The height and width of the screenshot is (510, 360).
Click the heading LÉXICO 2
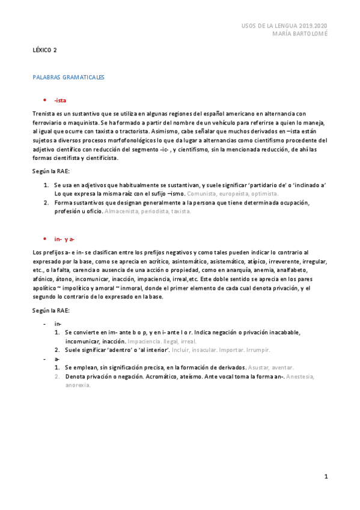pos(44,51)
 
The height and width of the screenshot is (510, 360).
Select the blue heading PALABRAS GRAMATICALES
pos(69,78)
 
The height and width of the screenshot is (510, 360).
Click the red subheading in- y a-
pos(64,239)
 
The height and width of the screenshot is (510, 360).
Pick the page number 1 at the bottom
pos(326,477)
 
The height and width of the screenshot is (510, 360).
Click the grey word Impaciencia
pos(144,340)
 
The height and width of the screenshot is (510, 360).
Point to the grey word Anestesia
pos(301,376)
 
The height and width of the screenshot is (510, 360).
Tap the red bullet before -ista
pos(44,100)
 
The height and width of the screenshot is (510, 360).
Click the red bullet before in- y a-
pos(44,239)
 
